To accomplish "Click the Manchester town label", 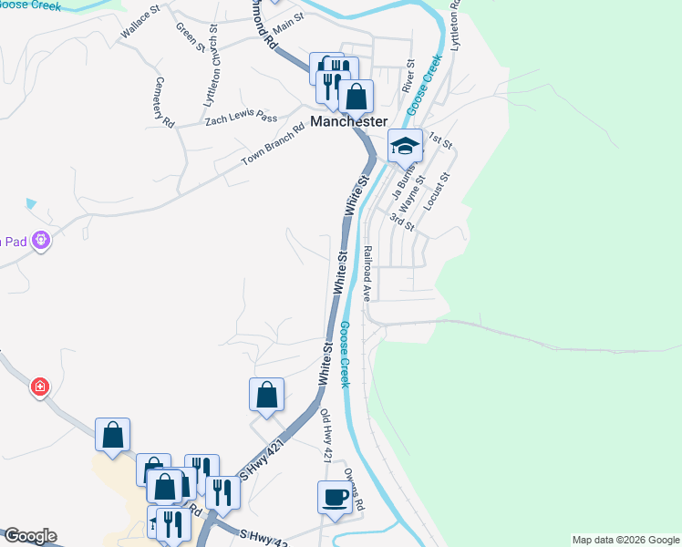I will [x=349, y=121].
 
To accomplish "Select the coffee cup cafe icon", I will [x=334, y=498].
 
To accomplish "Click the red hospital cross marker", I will [x=40, y=387].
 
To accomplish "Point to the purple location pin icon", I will [x=40, y=242].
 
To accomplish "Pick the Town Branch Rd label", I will [x=272, y=146].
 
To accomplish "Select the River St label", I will [x=408, y=77].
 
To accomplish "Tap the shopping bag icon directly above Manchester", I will [x=356, y=97].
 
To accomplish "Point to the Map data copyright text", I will [x=625, y=540].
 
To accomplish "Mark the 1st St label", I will [x=440, y=142].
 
